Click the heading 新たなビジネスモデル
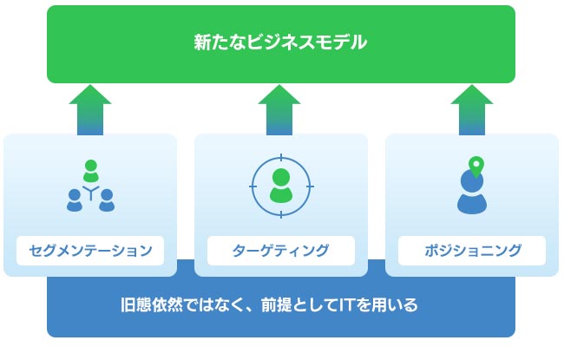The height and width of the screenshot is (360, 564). tap(280, 43)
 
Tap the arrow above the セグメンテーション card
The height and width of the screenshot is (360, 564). tap(90, 109)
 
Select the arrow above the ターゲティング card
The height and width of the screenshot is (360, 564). tap(279, 109)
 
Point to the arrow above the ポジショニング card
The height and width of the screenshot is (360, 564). tap(472, 109)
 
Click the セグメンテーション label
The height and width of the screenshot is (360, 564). tap(90, 251)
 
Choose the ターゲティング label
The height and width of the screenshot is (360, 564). tap(281, 251)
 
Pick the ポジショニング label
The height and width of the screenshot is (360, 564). tap(472, 251)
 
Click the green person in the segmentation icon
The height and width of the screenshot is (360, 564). tap(90, 171)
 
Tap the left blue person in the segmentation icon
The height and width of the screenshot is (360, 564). tap(75, 200)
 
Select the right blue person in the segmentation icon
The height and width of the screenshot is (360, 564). tap(107, 200)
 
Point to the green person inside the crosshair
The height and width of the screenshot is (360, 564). tap(281, 186)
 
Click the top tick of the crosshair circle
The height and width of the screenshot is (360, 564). tap(281, 158)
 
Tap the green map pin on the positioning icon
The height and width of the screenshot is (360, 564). tap(476, 167)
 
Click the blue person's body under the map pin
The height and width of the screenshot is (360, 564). tap(472, 204)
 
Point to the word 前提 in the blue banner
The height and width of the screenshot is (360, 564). tap(277, 305)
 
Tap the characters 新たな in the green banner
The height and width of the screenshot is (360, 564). tap(220, 43)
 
